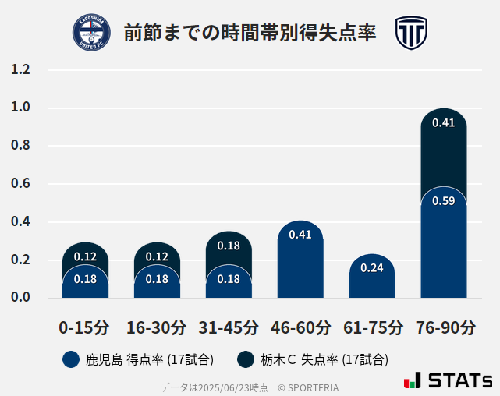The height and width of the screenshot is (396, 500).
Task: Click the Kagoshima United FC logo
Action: [x=92, y=33]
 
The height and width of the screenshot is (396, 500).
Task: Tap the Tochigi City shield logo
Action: [x=410, y=33]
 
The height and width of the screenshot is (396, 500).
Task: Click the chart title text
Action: [x=250, y=34]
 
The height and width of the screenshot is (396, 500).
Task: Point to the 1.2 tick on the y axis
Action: [x=20, y=70]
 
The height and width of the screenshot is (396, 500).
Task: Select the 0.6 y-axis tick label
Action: [x=20, y=184]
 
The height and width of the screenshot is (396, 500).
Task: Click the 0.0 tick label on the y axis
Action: [x=20, y=297]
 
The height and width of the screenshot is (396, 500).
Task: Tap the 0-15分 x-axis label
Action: [x=85, y=327]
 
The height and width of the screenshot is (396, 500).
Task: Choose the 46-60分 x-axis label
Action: [x=300, y=327]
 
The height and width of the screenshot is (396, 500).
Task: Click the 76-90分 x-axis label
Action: [x=444, y=327]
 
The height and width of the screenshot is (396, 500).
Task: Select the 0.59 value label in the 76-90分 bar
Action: [x=444, y=201]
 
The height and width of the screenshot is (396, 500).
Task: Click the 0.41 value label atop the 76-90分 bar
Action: [x=444, y=123]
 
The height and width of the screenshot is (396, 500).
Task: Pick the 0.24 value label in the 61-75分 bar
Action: [x=372, y=268]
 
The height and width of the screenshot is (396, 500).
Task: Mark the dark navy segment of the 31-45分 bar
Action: [x=229, y=248]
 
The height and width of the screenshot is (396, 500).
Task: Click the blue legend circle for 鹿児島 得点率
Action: [x=71, y=359]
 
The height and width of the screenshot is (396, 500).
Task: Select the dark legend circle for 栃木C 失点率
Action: [x=246, y=359]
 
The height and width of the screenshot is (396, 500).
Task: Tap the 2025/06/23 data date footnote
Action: [x=214, y=387]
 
